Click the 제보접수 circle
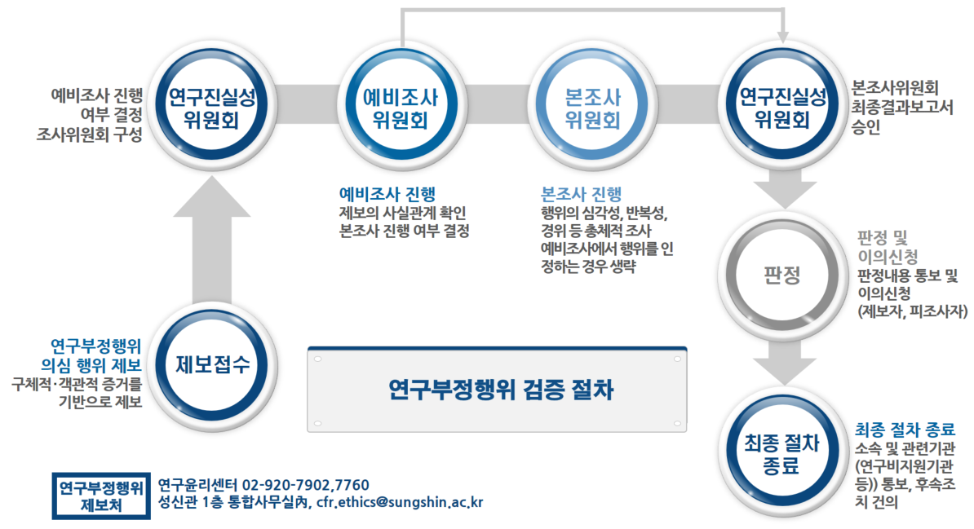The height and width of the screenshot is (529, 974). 212,365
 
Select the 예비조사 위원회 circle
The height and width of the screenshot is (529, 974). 401,106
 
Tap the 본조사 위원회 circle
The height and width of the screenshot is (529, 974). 592,106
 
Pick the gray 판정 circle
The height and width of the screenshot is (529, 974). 782,274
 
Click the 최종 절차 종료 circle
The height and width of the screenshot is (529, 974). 782,455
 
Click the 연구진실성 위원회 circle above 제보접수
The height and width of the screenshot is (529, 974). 212,106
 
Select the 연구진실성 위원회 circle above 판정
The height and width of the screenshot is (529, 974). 782,106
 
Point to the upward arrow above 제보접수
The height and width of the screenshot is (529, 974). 212,240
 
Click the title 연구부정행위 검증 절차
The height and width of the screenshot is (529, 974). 501,390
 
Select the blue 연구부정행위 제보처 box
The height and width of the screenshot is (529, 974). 101,496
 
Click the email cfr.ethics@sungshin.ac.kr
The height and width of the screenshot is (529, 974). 400,502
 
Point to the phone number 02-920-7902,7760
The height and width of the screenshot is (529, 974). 306,485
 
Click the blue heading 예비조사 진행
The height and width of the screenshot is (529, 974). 387,194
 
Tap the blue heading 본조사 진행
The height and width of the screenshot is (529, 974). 582,194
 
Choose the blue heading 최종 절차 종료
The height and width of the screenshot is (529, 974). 905,429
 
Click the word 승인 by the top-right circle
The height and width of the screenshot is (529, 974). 866,127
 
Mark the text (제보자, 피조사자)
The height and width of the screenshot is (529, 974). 912,311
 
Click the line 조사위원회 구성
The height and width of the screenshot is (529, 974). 90,134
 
